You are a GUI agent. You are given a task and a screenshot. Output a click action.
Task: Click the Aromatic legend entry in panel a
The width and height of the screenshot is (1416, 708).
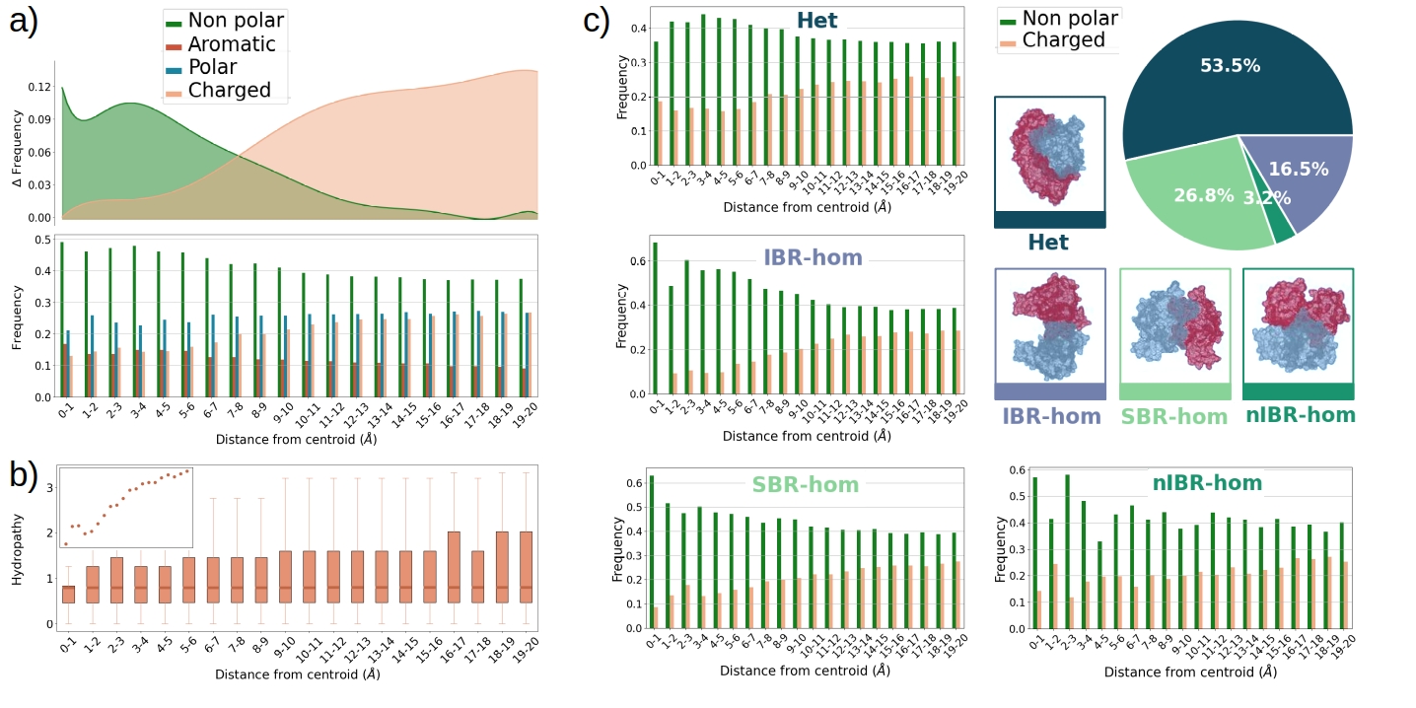point(232,44)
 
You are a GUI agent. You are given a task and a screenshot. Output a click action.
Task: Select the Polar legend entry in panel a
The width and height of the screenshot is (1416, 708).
point(219,67)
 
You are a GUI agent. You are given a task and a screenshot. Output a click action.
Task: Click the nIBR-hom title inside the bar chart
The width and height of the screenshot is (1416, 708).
point(1208,483)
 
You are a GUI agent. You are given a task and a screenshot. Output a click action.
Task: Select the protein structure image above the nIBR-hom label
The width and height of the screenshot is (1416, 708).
point(1298,325)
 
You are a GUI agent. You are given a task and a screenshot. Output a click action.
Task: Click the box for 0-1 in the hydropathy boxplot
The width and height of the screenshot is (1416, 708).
point(68,593)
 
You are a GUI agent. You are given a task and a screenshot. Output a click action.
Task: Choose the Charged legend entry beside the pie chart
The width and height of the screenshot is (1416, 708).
point(1063,40)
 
